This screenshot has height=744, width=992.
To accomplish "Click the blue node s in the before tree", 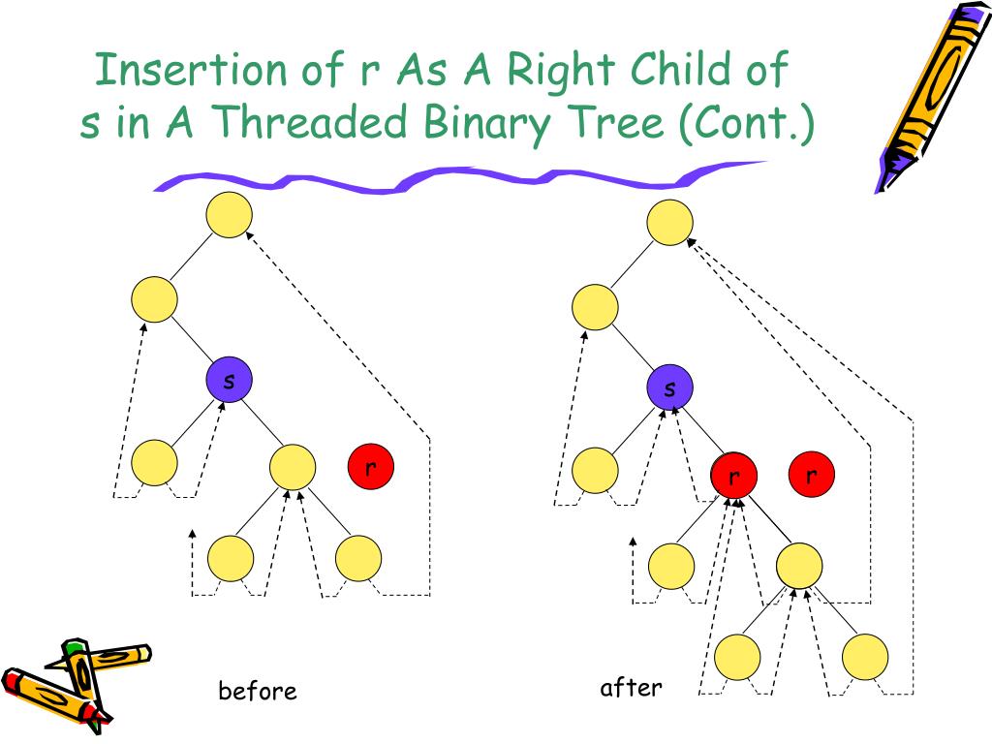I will (229, 381).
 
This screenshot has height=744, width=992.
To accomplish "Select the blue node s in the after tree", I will (670, 388).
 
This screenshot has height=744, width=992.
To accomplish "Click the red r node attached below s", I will (733, 477).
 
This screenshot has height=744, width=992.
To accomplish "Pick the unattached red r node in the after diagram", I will (812, 475).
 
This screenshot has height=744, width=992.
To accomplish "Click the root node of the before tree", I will (230, 215).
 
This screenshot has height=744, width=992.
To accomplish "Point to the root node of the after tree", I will (670, 222).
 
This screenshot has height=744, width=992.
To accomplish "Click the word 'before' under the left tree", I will (257, 691).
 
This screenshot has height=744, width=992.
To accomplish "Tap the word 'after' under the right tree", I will (631, 688).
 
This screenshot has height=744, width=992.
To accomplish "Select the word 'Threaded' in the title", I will (296, 123).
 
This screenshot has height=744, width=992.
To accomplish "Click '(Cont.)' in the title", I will (746, 123).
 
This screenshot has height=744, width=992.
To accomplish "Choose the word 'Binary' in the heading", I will (484, 123).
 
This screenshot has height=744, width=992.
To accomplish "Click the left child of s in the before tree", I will (154, 463).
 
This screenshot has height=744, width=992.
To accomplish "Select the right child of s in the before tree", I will (292, 467).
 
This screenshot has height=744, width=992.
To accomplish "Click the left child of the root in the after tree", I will (595, 307).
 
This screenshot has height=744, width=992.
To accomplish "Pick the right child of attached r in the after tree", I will (799, 564).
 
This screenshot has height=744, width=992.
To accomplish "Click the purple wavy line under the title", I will (455, 179).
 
